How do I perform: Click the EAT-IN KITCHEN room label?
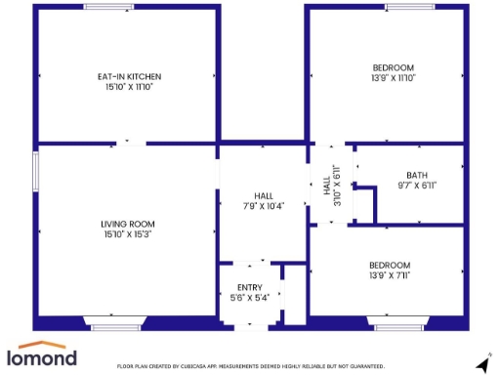pyautogui.click(x=129, y=76)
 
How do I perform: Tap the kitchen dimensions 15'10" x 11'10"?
pyautogui.click(x=129, y=87)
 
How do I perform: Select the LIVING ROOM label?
pyautogui.click(x=128, y=224)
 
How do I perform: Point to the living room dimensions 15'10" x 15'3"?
pyautogui.click(x=128, y=234)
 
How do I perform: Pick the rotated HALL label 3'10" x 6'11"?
pyautogui.click(x=331, y=185)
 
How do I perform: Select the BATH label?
pyautogui.click(x=416, y=174)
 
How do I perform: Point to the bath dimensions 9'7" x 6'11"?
pyautogui.click(x=416, y=185)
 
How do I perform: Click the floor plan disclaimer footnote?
pyautogui.click(x=251, y=366)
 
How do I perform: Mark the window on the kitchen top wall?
pyautogui.click(x=108, y=7)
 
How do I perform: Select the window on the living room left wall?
pyautogui.click(x=36, y=170)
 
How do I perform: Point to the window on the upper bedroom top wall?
pyautogui.click(x=411, y=7)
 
